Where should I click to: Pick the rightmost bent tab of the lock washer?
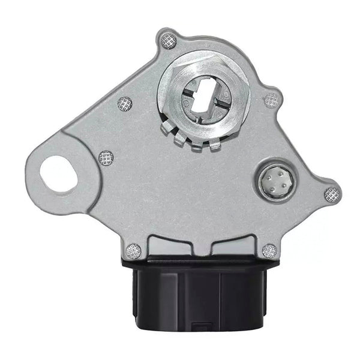(217, 145)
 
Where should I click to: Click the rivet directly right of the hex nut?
(272, 99)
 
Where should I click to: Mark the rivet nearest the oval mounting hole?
(106, 158)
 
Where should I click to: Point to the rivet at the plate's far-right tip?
(332, 194)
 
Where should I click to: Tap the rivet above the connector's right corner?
(269, 251)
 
